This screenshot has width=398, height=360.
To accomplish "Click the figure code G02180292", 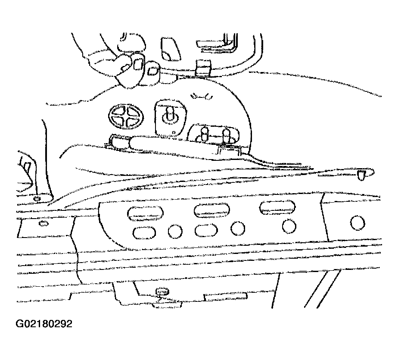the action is (44, 324).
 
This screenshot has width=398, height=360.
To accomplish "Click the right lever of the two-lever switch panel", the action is (226, 136).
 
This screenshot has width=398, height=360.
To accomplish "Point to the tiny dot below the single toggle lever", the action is (174, 132).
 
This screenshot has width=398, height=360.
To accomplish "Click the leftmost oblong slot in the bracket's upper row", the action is (145, 213).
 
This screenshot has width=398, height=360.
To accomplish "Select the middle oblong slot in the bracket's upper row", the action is (212, 210).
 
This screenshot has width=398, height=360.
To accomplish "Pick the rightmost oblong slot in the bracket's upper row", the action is (277, 207).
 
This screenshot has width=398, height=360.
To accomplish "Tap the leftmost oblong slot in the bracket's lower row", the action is (144, 233).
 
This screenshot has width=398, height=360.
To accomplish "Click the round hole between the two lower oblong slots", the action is (175, 231).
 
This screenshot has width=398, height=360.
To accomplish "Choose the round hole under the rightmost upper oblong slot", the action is (289, 226).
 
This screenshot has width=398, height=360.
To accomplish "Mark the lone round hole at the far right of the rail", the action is (358, 223).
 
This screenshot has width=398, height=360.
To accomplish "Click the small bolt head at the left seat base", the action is (37, 198).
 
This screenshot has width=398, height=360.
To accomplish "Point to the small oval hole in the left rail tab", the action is (44, 224).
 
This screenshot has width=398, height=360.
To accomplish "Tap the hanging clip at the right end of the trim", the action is (361, 175).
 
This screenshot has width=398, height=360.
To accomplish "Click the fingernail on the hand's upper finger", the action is (138, 65).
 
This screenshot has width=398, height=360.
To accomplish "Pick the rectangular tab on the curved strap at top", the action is (203, 68).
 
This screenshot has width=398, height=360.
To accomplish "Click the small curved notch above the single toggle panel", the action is (202, 96).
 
